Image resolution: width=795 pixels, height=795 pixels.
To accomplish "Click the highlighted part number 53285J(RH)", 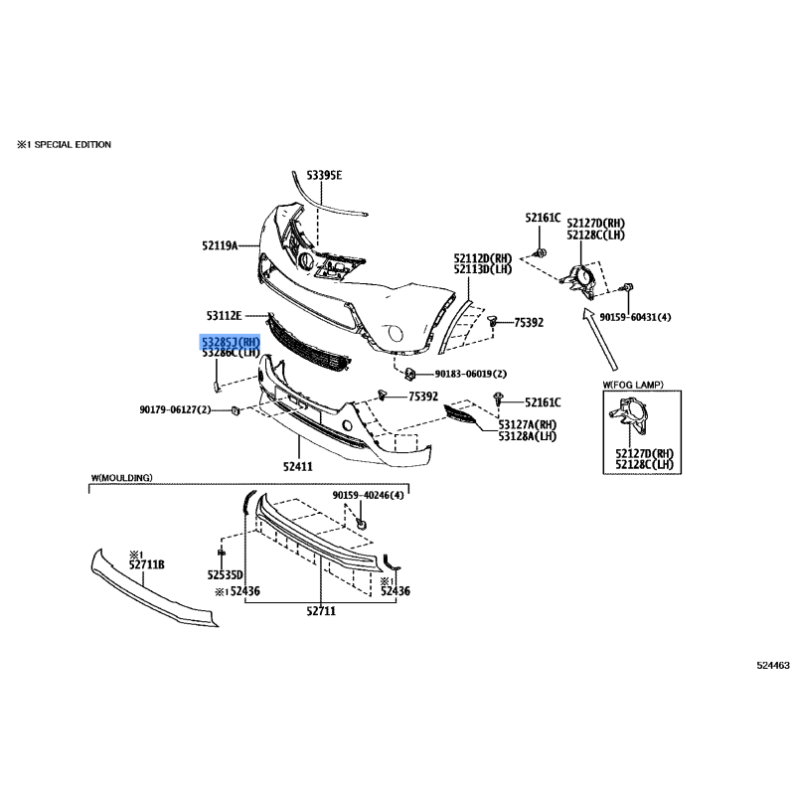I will [x=231, y=341].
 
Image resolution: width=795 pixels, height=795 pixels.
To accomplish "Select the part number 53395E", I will [x=324, y=175].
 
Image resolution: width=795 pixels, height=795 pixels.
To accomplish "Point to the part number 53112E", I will [x=223, y=316].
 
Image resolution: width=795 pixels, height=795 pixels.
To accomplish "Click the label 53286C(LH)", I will [x=231, y=353].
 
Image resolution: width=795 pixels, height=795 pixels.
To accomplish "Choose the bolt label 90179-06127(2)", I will [x=175, y=409].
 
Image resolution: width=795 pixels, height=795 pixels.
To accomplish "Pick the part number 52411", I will [x=297, y=465].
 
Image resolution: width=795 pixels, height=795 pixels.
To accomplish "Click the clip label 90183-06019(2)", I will [x=470, y=374].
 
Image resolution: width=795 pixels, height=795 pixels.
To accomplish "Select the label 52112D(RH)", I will [x=483, y=257].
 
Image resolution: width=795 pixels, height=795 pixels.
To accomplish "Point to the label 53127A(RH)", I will [x=528, y=424].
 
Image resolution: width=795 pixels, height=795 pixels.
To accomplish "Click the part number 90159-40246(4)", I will [x=369, y=495].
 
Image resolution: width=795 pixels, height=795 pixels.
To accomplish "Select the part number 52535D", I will [x=226, y=574].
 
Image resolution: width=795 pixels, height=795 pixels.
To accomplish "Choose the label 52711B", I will [x=146, y=564].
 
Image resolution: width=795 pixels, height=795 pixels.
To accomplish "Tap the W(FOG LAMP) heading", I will [x=633, y=384].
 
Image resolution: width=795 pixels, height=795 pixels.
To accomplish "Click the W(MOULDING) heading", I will [x=121, y=478].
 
